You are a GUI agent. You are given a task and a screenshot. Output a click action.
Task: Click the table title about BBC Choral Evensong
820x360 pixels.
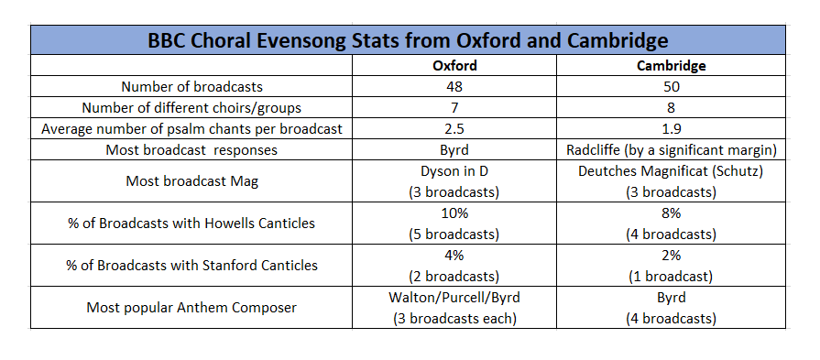click(408, 41)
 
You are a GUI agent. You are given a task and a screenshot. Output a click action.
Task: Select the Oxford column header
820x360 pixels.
click(454, 66)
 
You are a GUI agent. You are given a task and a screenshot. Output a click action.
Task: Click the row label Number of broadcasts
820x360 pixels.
click(192, 87)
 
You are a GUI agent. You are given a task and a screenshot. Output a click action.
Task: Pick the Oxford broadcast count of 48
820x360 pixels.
click(454, 87)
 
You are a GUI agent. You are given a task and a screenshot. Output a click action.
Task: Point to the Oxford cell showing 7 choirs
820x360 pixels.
click(454, 108)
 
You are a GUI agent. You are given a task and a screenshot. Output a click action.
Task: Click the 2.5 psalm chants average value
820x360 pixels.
click(454, 129)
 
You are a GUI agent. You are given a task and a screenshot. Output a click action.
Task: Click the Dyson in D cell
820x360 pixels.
click(454, 180)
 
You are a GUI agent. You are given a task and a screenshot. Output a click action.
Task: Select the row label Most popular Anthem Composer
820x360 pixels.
click(192, 308)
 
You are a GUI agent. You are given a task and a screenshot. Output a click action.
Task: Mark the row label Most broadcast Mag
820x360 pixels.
click(192, 181)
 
